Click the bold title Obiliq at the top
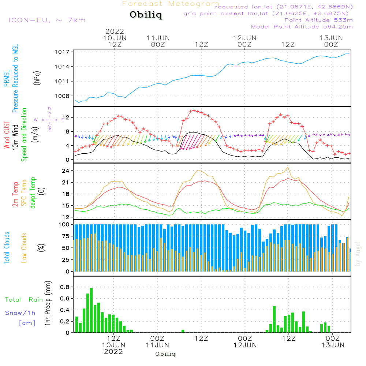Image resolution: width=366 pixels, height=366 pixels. point(145,15)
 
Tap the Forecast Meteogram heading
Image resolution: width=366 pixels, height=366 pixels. point(171,4)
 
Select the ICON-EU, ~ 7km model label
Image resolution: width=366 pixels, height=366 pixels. point(47,20)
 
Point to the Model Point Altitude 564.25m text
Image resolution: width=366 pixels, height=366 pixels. point(302,27)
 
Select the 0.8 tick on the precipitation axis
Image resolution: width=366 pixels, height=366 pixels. point(64,287)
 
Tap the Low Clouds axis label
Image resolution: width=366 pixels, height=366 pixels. point(24,247)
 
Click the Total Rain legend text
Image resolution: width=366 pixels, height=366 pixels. point(24,300)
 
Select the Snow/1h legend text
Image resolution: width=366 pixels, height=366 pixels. point(20,313)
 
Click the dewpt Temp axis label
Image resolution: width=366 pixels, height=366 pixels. point(33,193)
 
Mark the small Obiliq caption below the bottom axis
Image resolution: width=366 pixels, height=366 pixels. point(165,354)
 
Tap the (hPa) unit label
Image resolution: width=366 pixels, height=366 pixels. point(37,78)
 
